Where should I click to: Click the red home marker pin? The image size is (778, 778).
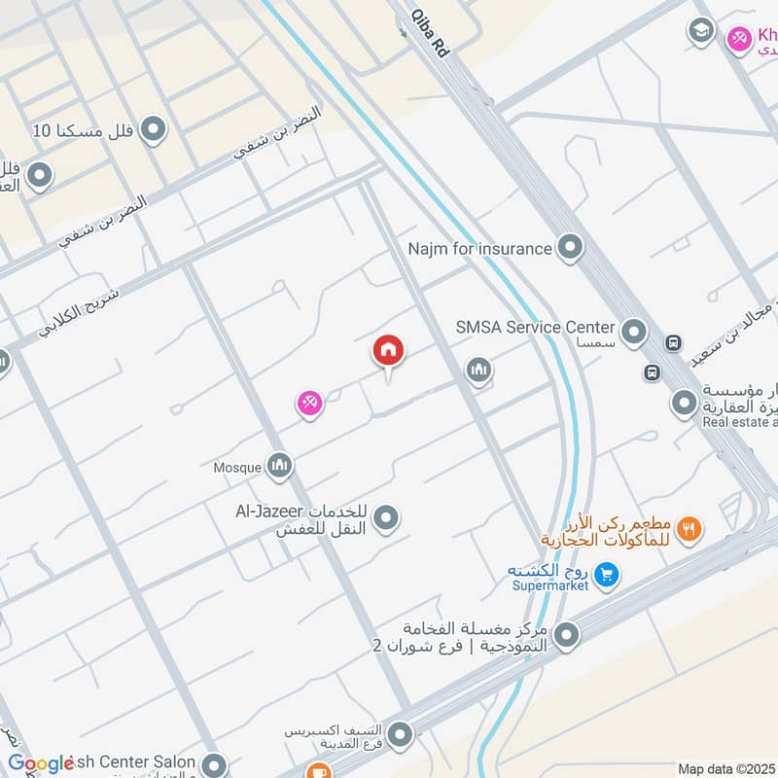(388, 351)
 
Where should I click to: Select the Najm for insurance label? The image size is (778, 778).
(480, 249)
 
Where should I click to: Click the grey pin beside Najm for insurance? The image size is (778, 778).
(570, 248)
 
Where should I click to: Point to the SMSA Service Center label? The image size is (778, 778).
(536, 328)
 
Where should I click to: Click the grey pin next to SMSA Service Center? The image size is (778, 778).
(633, 333)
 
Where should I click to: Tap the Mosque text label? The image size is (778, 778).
(237, 468)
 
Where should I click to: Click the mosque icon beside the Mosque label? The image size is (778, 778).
(279, 467)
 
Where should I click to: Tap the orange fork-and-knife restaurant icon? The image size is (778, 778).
(690, 529)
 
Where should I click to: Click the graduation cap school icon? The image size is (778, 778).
(700, 30)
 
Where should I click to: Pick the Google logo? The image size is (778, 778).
(41, 763)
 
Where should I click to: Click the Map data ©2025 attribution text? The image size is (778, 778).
(725, 768)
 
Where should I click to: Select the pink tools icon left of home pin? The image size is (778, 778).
(309, 403)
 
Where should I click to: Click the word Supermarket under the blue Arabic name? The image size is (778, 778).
(550, 585)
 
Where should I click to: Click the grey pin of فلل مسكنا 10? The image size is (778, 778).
(153, 128)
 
